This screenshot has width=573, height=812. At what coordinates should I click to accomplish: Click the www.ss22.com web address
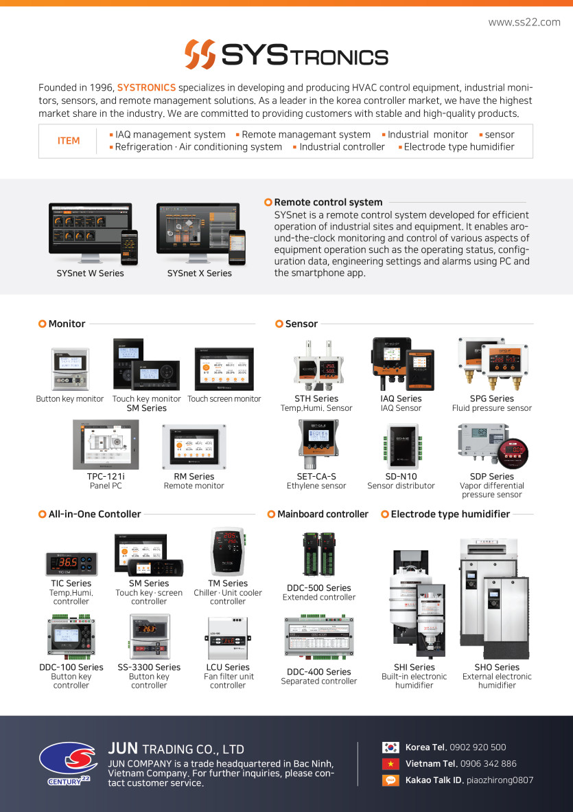[x=524, y=22]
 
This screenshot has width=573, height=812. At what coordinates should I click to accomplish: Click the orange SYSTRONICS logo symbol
[x=200, y=54]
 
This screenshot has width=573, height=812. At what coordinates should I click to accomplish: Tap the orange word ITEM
[x=69, y=141]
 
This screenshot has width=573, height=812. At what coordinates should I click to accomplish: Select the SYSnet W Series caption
[x=91, y=273]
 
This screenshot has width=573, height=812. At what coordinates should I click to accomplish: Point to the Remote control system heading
[x=328, y=202]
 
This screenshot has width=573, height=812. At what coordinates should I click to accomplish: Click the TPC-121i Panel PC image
[x=106, y=444]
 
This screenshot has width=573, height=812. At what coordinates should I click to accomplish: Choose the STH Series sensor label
[x=316, y=398]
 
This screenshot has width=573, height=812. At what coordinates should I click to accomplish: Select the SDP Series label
[x=492, y=476]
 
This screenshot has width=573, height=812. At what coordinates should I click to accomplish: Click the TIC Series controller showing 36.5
[x=71, y=563]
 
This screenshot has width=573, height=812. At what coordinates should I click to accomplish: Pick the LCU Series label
[x=228, y=667]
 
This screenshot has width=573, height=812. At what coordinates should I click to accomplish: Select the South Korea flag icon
[x=390, y=747]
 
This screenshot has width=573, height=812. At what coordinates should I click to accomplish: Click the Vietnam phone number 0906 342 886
[x=489, y=764]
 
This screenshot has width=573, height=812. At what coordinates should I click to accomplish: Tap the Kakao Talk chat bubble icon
[x=390, y=780]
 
